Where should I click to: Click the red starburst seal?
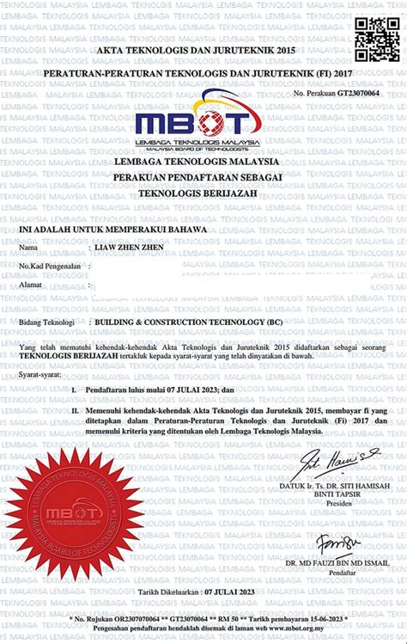click(76, 513)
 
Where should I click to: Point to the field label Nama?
click(29, 248)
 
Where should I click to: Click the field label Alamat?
click(32, 282)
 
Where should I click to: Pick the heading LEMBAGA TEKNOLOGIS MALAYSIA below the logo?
click(203, 162)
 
